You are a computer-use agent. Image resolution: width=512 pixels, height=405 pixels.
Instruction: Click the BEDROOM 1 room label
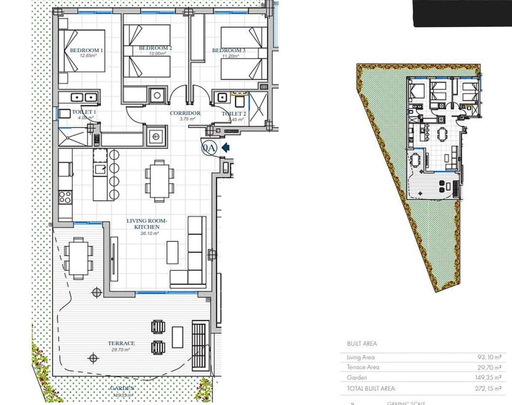click(86, 50)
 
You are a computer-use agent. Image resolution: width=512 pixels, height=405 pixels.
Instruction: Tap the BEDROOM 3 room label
click(229, 51)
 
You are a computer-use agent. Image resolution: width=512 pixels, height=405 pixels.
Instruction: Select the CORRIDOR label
click(185, 114)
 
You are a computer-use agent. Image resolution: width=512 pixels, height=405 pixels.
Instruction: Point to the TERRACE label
click(121, 343)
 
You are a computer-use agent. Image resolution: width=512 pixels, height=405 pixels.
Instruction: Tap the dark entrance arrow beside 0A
click(226, 147)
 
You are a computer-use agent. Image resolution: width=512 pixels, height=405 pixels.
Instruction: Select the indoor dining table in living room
click(160, 181)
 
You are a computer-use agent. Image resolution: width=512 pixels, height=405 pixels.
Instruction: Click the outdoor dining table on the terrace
click(79, 258)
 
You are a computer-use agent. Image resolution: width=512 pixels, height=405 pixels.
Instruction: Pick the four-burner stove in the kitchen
click(65, 198)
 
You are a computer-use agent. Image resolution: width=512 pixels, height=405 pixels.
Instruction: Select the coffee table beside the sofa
click(172, 252)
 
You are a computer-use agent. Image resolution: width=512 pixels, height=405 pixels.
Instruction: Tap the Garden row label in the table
click(357, 378)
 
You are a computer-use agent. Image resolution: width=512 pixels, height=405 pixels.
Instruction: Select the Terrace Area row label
click(363, 367)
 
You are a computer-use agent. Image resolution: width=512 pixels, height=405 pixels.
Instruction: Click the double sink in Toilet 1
click(79, 97)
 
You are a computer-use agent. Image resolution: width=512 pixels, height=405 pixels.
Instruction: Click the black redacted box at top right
click(463, 13)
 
